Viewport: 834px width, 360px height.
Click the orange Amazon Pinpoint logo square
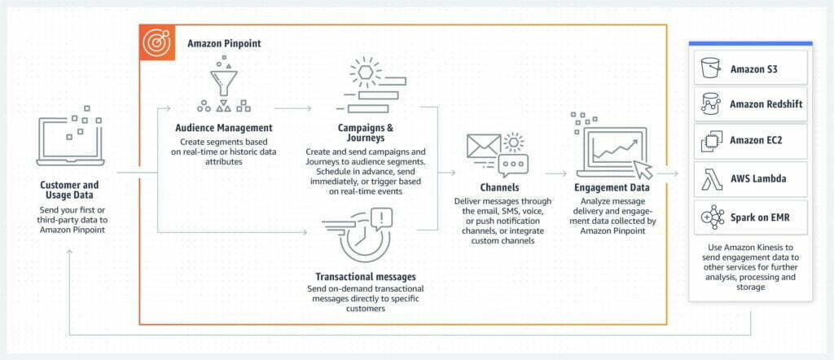157,43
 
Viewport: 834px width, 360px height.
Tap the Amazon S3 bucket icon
710,68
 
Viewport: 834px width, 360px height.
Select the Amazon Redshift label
766,104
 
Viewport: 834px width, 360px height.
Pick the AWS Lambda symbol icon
711,179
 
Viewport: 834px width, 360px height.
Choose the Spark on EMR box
750,217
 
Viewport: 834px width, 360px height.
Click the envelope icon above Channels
484,146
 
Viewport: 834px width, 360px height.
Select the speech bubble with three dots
513,165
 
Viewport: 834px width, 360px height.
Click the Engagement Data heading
612,187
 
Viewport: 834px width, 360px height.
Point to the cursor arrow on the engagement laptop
643,169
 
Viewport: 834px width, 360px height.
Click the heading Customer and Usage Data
70,191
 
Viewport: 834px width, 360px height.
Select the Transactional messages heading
366,276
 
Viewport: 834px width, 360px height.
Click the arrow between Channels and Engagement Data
556,173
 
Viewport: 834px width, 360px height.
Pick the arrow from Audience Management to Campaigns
293,108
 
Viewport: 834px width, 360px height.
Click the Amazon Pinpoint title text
224,43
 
